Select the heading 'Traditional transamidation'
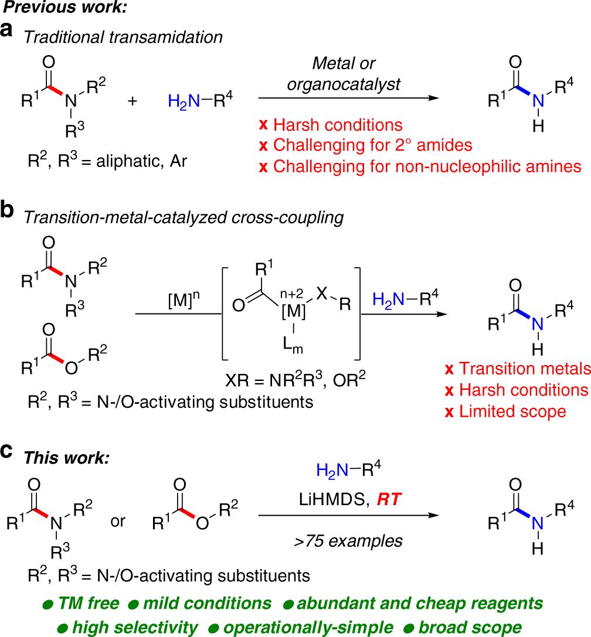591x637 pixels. pyautogui.click(x=124, y=37)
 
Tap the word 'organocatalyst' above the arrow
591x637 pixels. pyautogui.click(x=344, y=84)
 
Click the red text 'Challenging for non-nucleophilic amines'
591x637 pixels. pyautogui.click(x=420, y=166)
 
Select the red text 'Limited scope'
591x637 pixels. pyautogui.click(x=506, y=411)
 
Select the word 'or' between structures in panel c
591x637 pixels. pyautogui.click(x=118, y=520)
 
